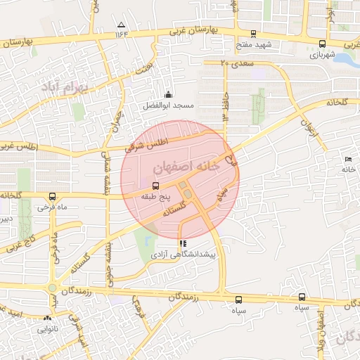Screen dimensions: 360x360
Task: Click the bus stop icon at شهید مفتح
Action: coord(253,33)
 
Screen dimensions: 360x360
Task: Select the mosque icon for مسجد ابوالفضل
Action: coord(168,95)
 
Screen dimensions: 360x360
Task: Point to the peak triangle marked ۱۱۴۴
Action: coord(121,25)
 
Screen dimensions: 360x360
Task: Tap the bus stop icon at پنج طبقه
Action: coord(155,186)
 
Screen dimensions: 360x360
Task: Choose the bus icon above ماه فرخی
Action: coord(52,197)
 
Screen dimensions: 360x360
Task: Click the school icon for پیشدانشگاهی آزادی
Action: coord(184,243)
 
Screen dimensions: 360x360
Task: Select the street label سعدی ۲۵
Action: coord(234,63)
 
